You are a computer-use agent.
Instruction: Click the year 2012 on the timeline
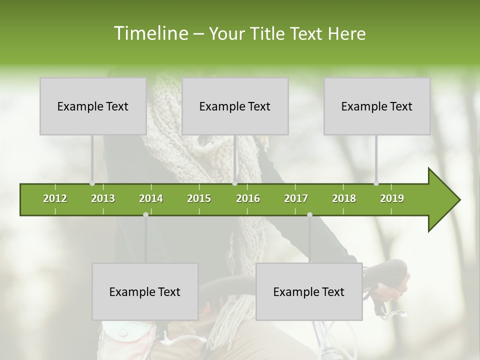click(x=55, y=198)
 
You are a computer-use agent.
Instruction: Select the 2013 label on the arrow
click(x=103, y=198)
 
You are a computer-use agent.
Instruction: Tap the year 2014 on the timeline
click(x=151, y=198)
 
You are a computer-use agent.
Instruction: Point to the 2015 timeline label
click(x=199, y=198)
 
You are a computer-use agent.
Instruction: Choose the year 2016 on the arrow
click(x=248, y=198)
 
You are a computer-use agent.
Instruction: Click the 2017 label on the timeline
click(x=296, y=198)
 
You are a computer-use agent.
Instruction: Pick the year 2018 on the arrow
click(x=344, y=198)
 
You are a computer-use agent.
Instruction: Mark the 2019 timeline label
click(x=392, y=198)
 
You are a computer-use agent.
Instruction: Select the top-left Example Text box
click(x=93, y=106)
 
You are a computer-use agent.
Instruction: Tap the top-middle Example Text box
click(x=235, y=106)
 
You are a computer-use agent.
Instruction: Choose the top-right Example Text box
click(x=377, y=106)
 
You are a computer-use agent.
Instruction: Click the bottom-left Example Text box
click(x=145, y=291)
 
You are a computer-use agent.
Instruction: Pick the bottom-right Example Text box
click(x=309, y=291)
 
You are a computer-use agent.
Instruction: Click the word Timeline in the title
click(x=150, y=33)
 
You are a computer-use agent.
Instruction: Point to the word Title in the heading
click(x=269, y=33)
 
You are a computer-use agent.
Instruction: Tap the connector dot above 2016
click(x=235, y=183)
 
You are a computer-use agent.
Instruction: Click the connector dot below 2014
click(x=145, y=214)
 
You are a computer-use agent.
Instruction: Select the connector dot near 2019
click(x=376, y=183)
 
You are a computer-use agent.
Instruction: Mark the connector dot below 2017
click(x=309, y=214)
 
